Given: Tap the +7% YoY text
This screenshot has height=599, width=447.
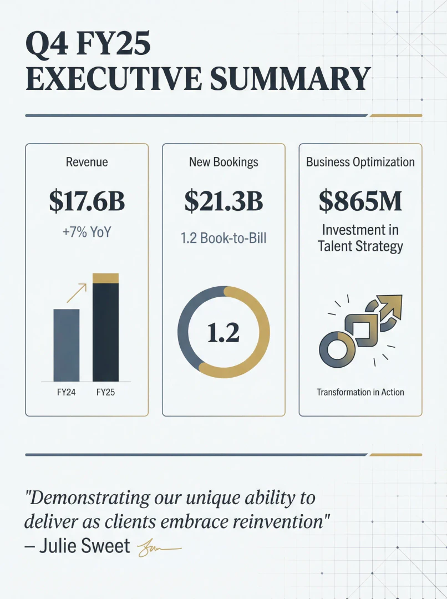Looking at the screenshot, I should [87, 232].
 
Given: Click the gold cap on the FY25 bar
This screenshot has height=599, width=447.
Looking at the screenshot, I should [105, 278].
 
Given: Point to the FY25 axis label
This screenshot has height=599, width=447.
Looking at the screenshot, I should [105, 393].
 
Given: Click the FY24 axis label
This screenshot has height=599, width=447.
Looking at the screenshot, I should [66, 393].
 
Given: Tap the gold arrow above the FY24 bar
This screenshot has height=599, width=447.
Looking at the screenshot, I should [77, 293].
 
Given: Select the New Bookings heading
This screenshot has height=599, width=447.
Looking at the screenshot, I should [223, 162].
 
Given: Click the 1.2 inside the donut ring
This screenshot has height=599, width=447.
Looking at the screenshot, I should [223, 333].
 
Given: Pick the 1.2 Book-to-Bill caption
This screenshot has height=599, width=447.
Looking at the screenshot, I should [223, 238].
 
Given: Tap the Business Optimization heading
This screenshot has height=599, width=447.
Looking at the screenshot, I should [360, 162].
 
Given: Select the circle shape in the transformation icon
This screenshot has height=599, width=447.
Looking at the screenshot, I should [335, 349].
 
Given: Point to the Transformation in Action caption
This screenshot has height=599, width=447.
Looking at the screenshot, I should [360, 392].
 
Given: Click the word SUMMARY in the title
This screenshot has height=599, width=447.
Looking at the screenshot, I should [289, 78].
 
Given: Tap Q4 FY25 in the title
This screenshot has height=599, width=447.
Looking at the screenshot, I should [88, 44].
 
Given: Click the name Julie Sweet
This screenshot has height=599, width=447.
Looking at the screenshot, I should [84, 546].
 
